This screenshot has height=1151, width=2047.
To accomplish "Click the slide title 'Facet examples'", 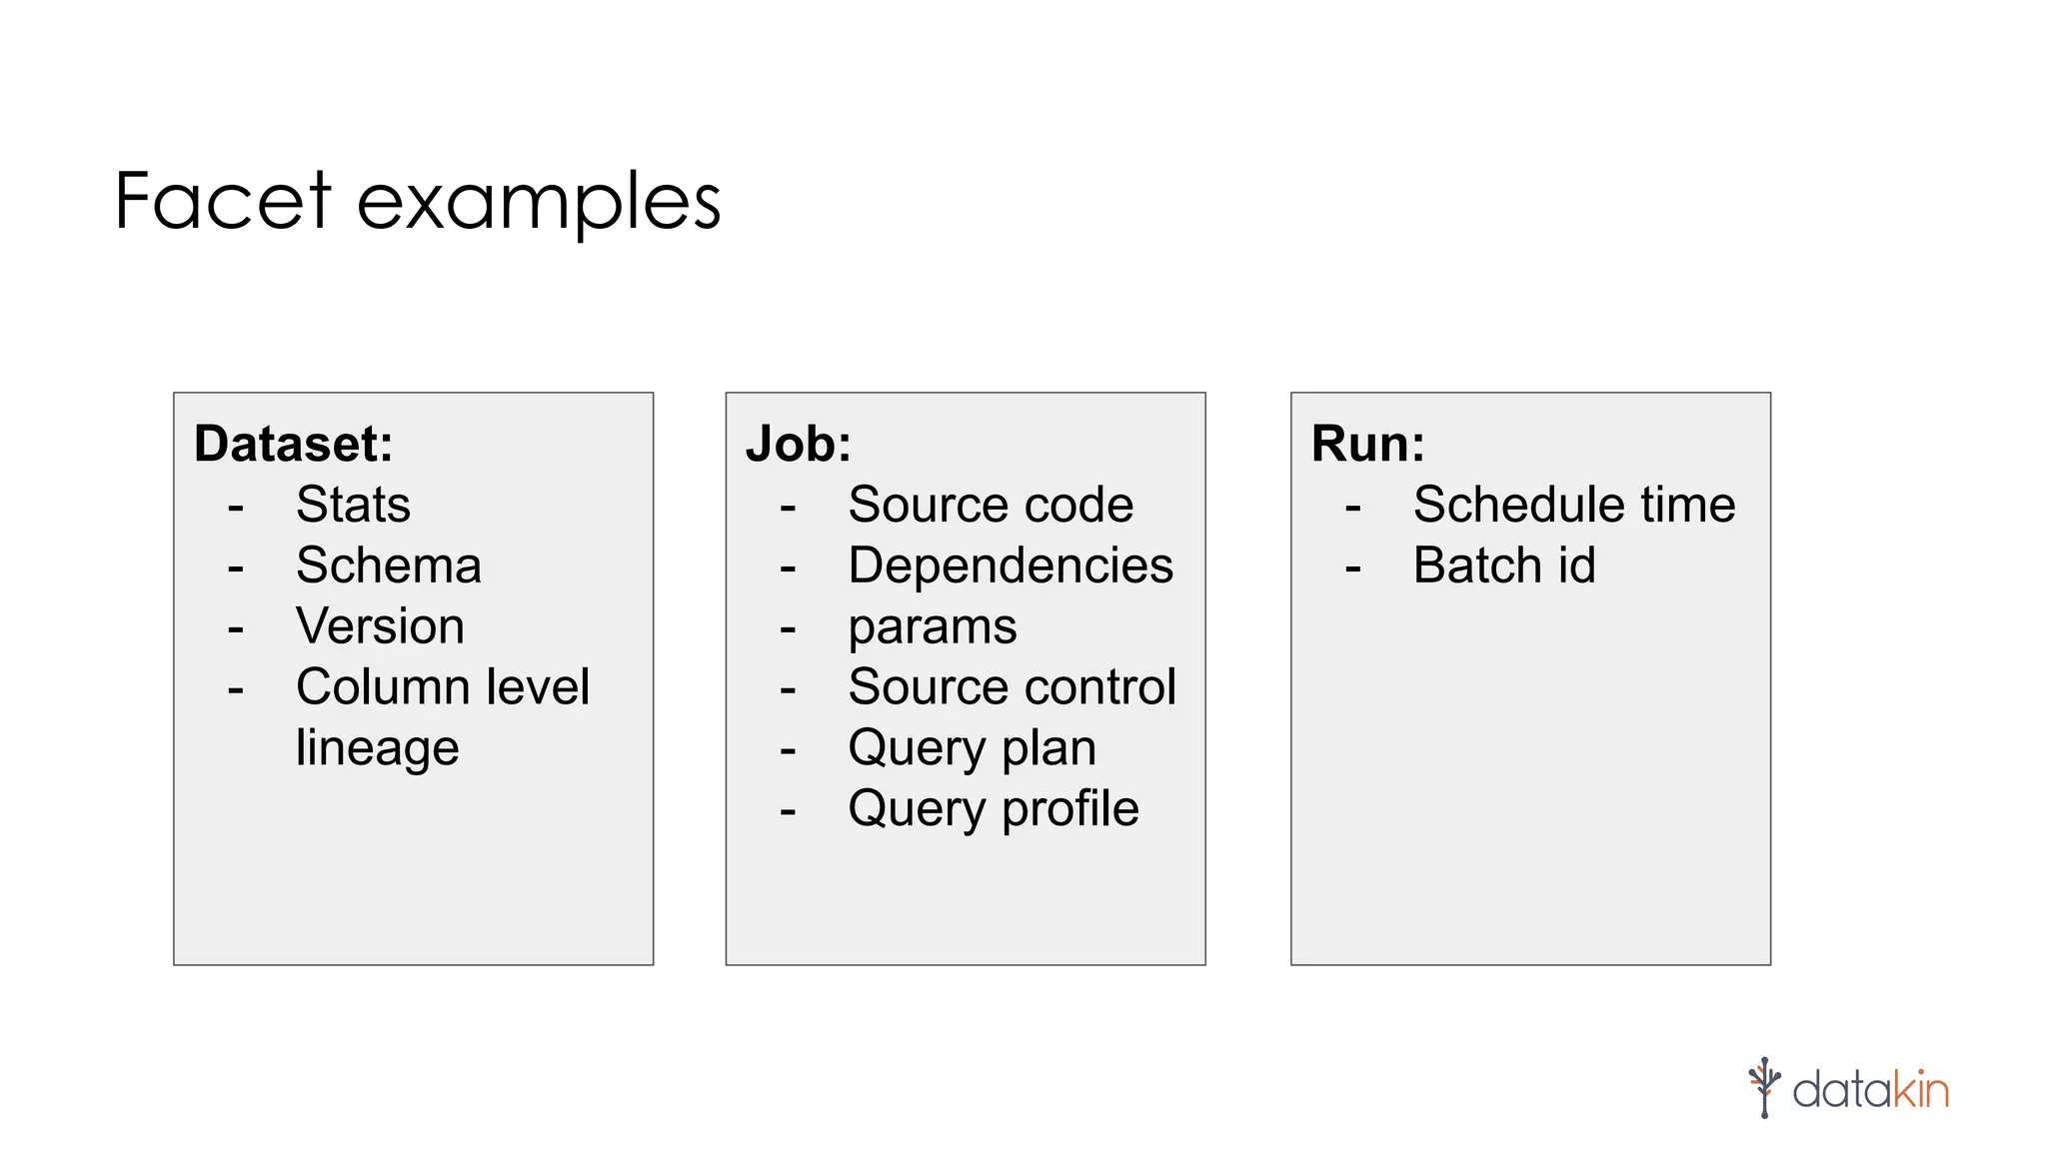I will pos(418,201).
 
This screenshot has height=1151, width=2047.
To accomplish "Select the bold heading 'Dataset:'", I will pos(293,444).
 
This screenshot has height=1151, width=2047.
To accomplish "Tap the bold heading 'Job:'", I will pos(798,444).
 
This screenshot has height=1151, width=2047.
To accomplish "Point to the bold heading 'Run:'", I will pos(1366,444).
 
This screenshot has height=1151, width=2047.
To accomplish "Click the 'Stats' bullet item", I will pos(353,505).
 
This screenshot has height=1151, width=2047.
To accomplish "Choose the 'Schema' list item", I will pos(389,566).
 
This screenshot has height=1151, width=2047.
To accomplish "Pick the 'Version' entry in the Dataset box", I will pos(380,626).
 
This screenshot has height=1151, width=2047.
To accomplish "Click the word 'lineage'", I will pos(377,748).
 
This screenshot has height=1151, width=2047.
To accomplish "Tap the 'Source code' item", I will pos(990,505).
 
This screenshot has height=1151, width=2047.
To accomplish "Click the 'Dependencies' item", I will pos(1010,566).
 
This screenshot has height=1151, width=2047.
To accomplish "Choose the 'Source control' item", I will pos(1012,687).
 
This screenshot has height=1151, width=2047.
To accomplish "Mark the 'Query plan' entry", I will pos(972,748).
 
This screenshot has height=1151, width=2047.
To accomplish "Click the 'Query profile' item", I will pos(993,809).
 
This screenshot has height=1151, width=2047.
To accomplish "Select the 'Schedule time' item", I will pos(1573,505).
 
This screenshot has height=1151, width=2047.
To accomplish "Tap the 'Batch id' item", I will pos(1503,566).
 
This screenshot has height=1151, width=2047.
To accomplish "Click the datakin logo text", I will pos(1869,1089).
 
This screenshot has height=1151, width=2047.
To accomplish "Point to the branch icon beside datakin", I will pos(1764,1087).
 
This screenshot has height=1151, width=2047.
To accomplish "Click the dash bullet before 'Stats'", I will pos(236,508).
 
